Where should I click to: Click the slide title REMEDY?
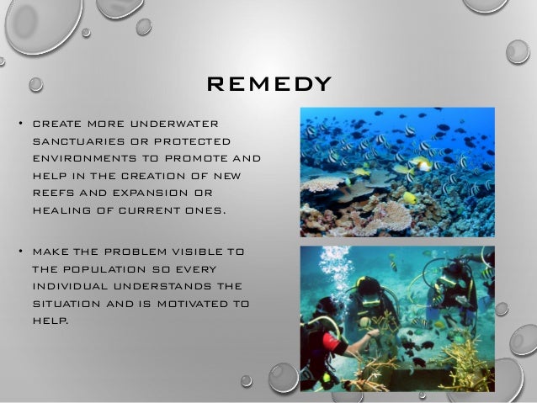click(x=268, y=84)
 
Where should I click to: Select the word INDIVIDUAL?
click(x=74, y=287)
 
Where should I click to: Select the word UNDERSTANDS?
click(x=168, y=287)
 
